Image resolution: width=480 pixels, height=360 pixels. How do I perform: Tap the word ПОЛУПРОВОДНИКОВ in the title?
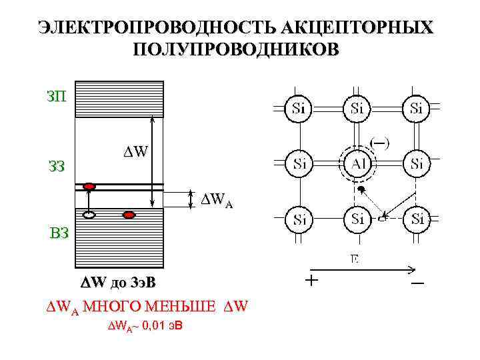tap(236, 50)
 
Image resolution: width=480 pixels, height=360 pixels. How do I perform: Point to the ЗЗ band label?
tap(56, 166)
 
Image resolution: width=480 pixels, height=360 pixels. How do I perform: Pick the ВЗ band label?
tap(58, 233)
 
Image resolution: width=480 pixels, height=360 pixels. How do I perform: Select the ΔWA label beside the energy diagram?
tap(217, 199)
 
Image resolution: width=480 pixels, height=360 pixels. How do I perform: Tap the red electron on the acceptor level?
tap(89, 186)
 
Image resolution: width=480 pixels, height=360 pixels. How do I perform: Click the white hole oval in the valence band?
tap(89, 215)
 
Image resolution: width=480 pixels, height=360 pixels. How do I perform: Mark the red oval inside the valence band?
tap(129, 215)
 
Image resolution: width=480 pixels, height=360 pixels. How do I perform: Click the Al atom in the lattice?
tap(358, 163)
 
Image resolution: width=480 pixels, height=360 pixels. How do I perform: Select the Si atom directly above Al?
tap(358, 108)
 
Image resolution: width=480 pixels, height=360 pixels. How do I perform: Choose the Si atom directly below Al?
tap(358, 219)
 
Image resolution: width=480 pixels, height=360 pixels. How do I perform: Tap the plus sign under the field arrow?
tap(311, 281)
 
